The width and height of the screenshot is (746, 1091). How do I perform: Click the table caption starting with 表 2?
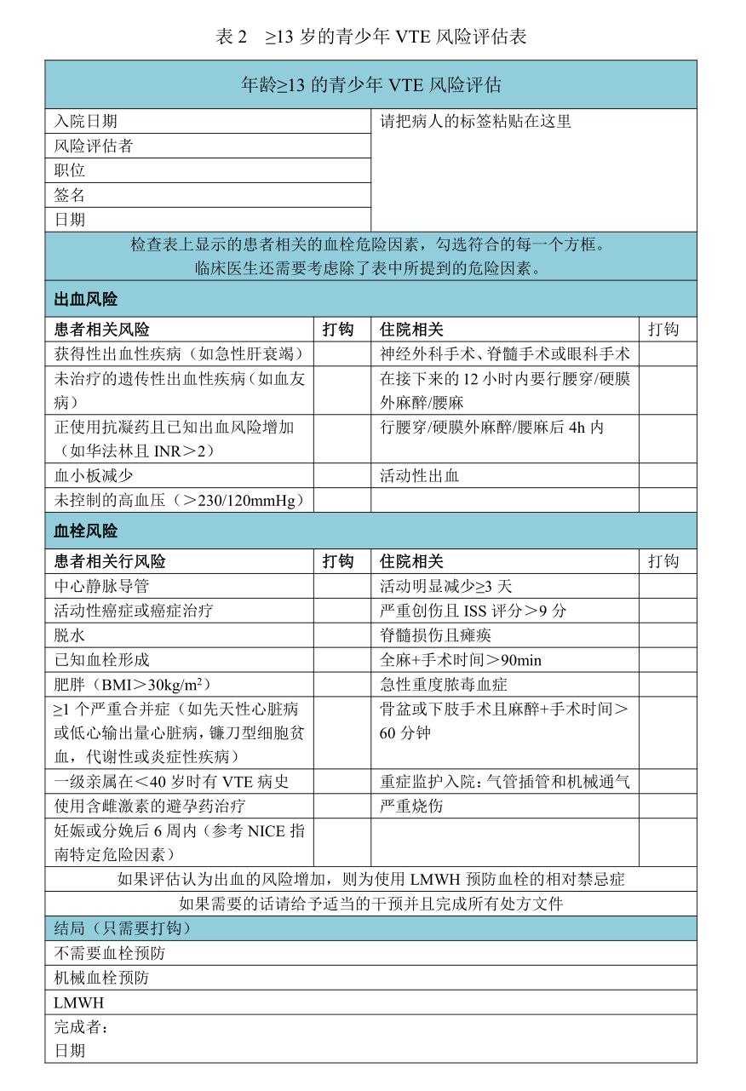371,37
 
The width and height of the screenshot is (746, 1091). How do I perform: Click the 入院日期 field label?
86,122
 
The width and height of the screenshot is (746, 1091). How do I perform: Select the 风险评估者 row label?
94,146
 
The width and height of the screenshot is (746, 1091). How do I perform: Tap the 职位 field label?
70,171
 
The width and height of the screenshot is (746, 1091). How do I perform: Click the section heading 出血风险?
86,300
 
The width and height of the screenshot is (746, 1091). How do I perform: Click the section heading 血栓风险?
86,531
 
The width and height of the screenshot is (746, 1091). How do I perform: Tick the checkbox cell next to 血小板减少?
342,476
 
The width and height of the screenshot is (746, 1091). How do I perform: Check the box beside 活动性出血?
667,476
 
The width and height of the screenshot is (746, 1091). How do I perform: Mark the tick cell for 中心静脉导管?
342,587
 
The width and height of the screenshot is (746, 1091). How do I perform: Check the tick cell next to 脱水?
342,635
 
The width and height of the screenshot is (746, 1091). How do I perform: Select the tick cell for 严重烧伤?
667,807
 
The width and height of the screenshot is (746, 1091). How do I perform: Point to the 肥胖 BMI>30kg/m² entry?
133,685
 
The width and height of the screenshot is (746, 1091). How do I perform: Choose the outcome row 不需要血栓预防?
101,954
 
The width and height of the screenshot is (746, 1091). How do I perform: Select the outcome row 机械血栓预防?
101,979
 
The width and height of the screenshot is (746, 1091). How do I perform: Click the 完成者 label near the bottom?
82,1027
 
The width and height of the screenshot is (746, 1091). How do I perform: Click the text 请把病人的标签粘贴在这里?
475,122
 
